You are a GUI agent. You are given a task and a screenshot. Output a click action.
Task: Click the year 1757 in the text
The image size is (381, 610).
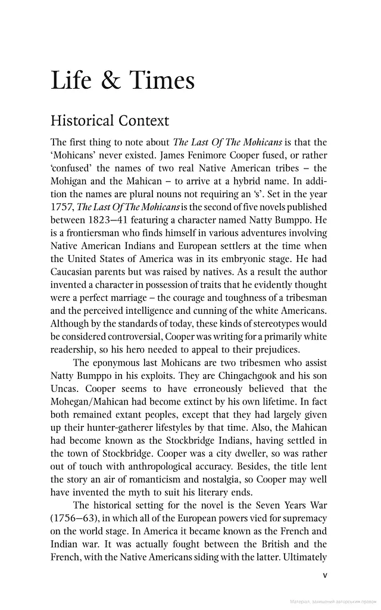(62, 207)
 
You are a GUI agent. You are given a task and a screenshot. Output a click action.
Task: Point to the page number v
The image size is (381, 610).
(324, 575)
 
